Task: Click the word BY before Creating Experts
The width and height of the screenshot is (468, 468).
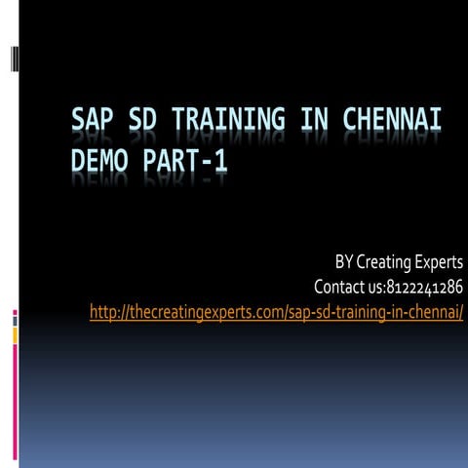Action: (344, 262)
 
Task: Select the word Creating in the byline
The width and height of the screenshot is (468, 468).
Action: (385, 262)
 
